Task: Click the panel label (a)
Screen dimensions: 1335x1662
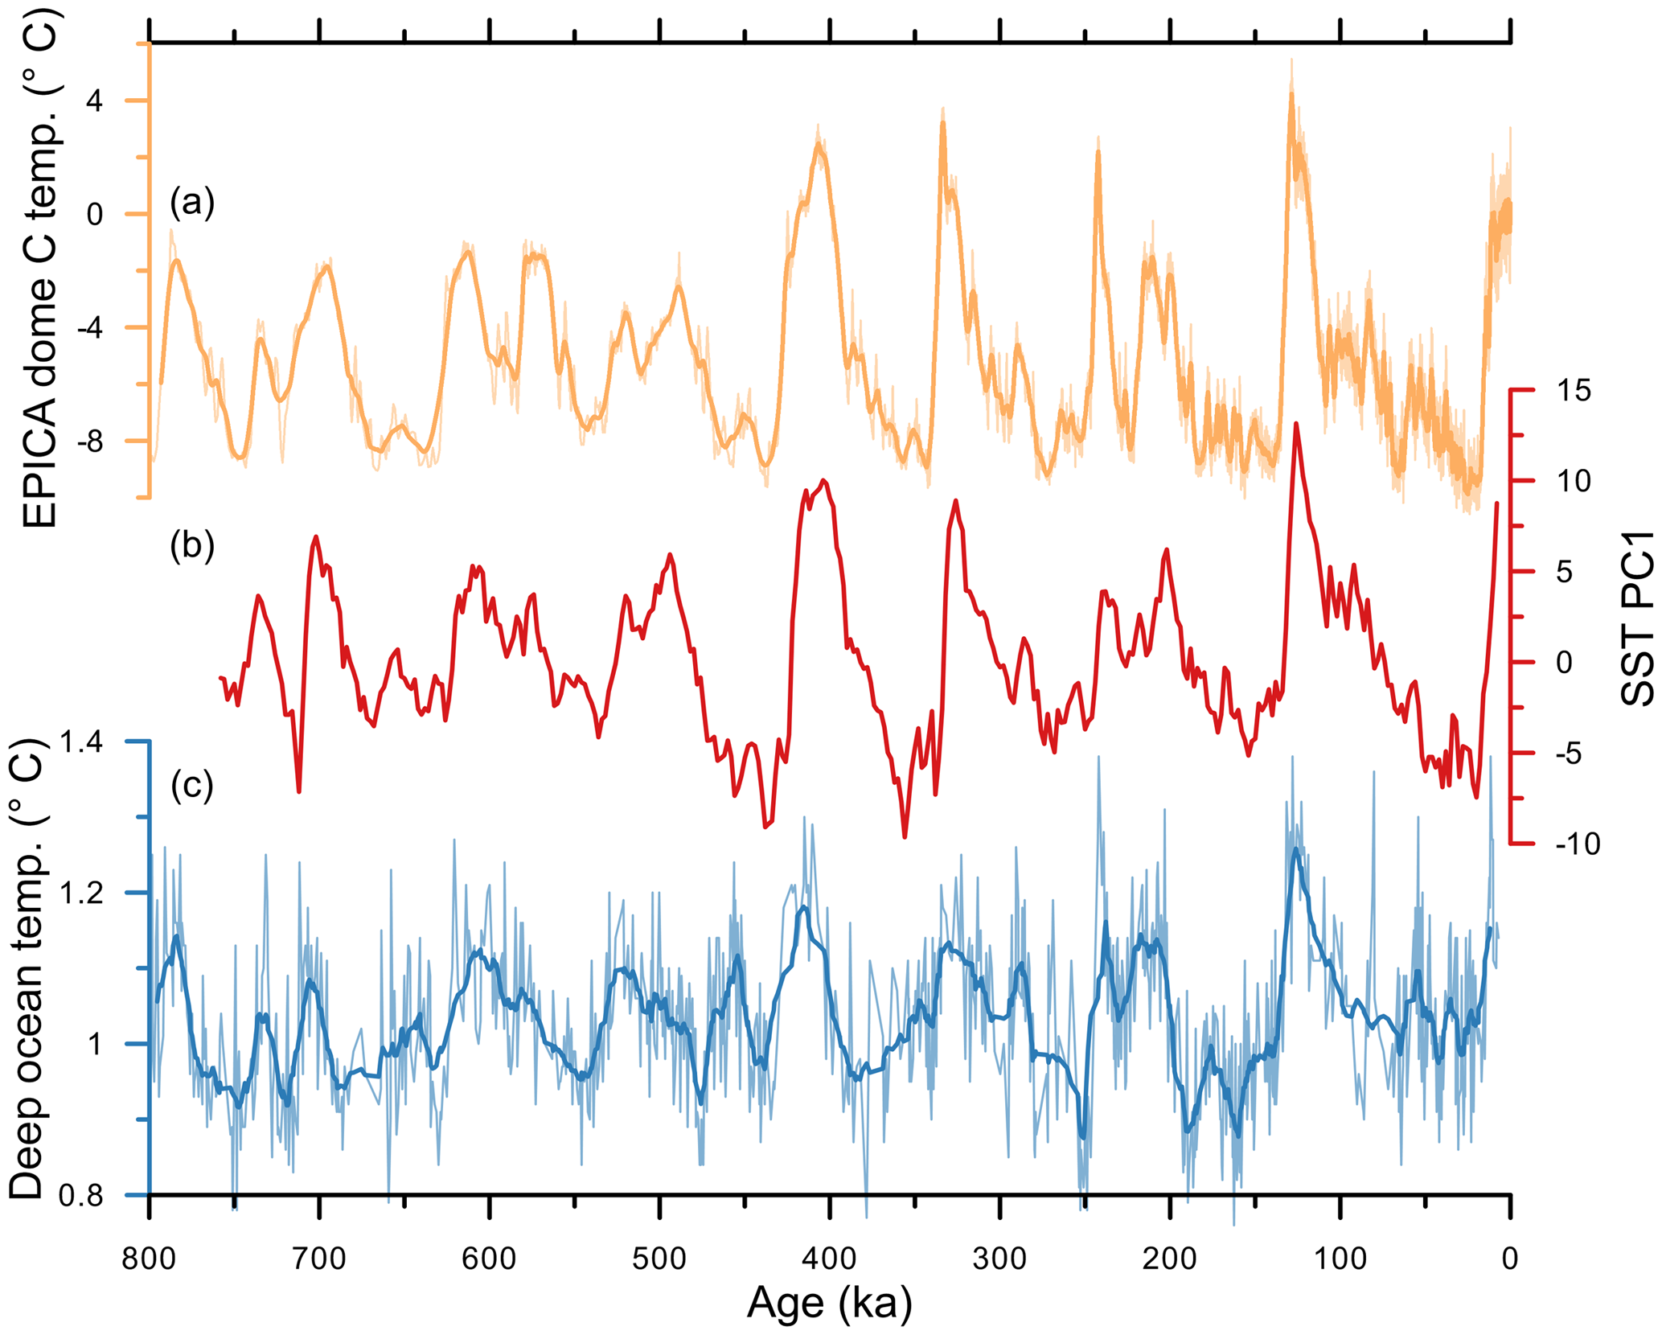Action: click(192, 202)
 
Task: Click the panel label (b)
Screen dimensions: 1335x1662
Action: click(192, 545)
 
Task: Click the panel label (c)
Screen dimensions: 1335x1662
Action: click(192, 785)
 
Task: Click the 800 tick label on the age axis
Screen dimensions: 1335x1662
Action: click(150, 1258)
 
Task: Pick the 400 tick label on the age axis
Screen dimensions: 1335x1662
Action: click(830, 1258)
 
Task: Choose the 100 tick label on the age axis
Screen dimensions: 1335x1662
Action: click(1340, 1258)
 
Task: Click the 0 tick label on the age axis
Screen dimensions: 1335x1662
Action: click(1510, 1258)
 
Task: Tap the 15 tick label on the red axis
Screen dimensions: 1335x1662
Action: click(1573, 391)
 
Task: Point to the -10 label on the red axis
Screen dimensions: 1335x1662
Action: click(1578, 844)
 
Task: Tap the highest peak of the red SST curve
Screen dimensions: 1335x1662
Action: click(1296, 423)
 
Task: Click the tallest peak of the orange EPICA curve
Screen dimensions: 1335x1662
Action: click(1291, 92)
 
